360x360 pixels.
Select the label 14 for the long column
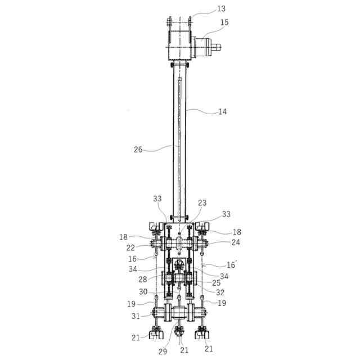click(223, 112)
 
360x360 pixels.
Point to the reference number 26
click(138, 150)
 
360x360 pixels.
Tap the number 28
click(143, 280)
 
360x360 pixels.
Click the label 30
click(143, 291)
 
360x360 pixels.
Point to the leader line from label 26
click(163, 148)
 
